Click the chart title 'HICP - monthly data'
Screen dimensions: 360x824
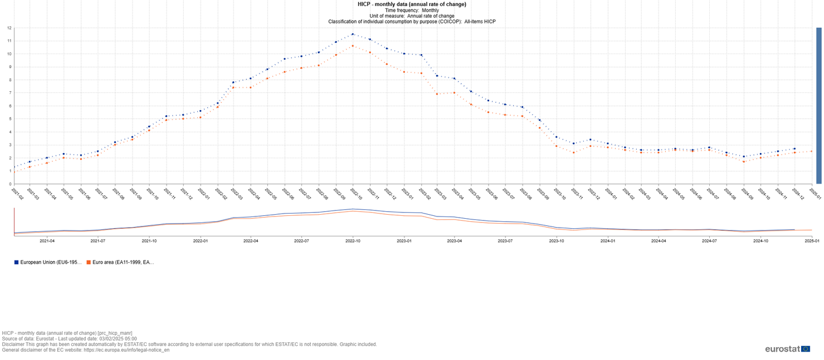coord(411,4)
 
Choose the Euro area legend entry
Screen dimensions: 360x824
coord(120,262)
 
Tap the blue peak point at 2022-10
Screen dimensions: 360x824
coord(353,34)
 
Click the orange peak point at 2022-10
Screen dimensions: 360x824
coord(353,46)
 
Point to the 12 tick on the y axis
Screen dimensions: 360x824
coord(9,28)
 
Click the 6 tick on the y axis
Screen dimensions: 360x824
coord(9,106)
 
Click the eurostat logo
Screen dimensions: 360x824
coord(788,349)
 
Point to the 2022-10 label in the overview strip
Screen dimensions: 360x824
coord(353,241)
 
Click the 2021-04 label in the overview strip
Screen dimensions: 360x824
coord(47,241)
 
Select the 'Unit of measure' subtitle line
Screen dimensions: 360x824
coord(411,16)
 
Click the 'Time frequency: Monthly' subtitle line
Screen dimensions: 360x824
coord(411,10)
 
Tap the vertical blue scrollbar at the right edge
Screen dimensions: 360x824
coord(819,106)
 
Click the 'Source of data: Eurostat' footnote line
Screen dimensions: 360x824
coord(69,339)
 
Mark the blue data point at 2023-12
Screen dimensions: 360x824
coord(590,139)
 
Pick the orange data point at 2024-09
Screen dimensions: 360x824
coord(744,162)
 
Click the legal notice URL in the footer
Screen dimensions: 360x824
coord(127,350)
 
